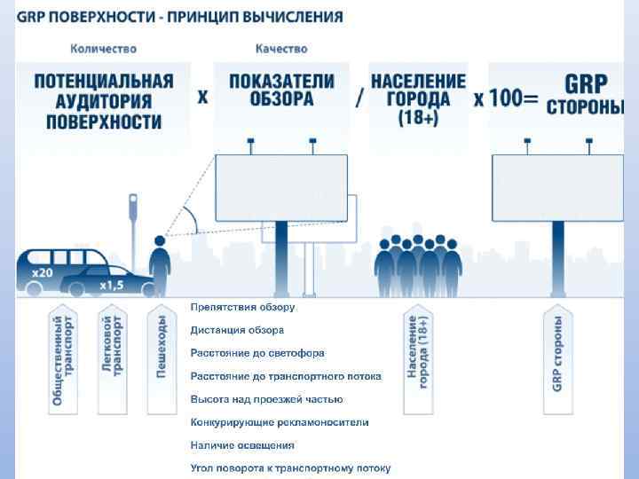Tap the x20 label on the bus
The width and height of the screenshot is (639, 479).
pos(43,272)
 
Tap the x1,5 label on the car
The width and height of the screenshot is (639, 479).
pos(111,285)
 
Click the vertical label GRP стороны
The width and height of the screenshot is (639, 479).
pos(557,353)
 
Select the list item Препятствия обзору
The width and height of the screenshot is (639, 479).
pos(242,307)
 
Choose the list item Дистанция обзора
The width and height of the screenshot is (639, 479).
pos(237,330)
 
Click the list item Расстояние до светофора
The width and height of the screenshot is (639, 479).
pos(257,353)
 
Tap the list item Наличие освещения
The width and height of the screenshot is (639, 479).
pos(242,445)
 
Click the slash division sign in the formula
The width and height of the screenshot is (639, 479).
pos(358,97)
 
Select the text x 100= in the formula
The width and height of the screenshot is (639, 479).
pos(506,98)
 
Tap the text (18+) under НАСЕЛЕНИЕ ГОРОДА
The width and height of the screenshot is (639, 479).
pos(417,116)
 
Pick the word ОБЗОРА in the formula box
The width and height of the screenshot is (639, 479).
pos(281,99)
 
